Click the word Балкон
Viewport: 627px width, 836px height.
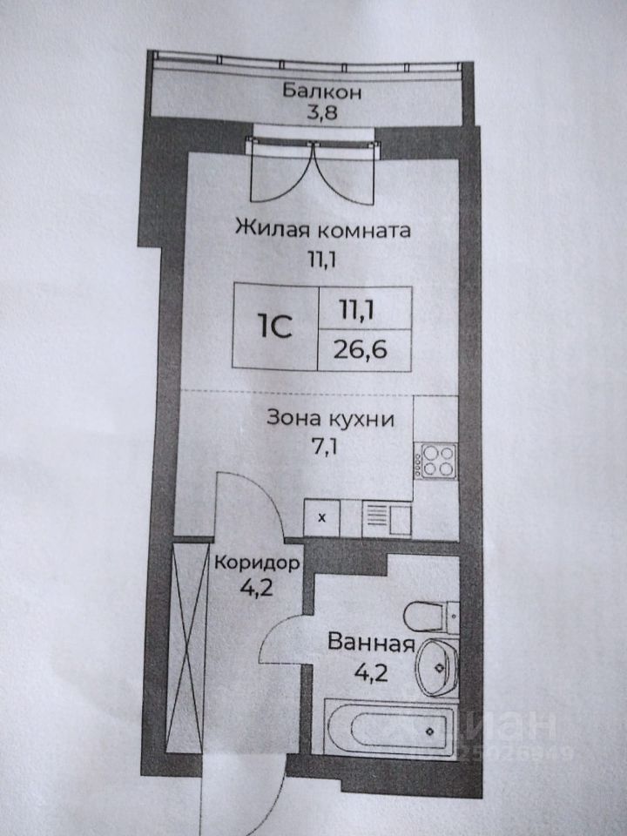(321, 91)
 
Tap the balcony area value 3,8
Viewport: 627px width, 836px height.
(322, 112)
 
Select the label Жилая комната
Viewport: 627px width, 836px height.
(323, 230)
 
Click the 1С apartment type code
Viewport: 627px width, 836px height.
(275, 327)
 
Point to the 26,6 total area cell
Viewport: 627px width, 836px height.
(361, 350)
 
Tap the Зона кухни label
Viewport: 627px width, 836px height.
(331, 419)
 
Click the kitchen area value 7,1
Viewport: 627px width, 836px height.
(325, 446)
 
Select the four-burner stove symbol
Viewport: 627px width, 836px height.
(436, 461)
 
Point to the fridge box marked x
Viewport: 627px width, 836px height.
(321, 517)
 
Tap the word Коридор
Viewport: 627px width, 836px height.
(256, 563)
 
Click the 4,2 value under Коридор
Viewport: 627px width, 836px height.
(256, 587)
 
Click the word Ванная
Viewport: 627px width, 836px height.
(371, 643)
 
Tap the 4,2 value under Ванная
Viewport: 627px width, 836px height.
(371, 673)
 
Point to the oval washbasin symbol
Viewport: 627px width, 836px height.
(437, 667)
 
